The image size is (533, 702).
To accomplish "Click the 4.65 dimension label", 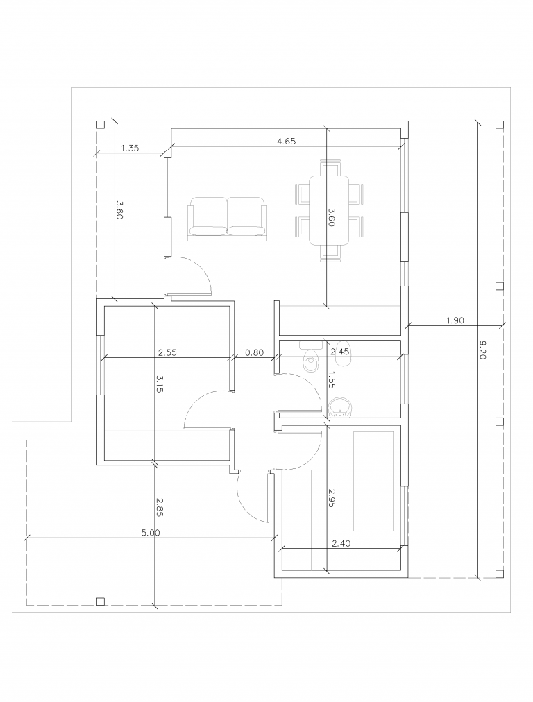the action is (x=286, y=141).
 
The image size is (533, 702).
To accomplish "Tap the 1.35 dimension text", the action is (x=130, y=148).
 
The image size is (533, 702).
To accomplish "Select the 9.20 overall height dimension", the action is (x=482, y=350).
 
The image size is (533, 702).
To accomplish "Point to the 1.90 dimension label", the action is (x=455, y=320).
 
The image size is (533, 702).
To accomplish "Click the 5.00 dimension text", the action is (x=151, y=533).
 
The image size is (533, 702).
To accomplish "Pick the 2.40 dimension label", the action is (x=341, y=544).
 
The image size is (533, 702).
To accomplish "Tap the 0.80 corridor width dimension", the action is (x=255, y=352).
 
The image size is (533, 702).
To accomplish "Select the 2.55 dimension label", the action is (x=167, y=352).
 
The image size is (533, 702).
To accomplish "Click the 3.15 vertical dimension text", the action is (x=160, y=384).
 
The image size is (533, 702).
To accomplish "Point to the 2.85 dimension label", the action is (x=160, y=507).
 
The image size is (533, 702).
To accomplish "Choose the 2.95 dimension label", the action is (x=332, y=498).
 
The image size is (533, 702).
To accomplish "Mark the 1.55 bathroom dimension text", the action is (x=332, y=379).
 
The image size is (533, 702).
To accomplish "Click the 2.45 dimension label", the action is (x=339, y=352).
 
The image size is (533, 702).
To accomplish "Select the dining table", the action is (x=329, y=210).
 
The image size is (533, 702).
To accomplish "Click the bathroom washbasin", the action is (x=340, y=407).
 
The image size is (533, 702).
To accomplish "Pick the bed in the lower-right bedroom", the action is (x=373, y=481).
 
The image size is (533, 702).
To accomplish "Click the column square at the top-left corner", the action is (x=101, y=124).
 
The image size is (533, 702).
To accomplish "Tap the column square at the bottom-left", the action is (x=101, y=601).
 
